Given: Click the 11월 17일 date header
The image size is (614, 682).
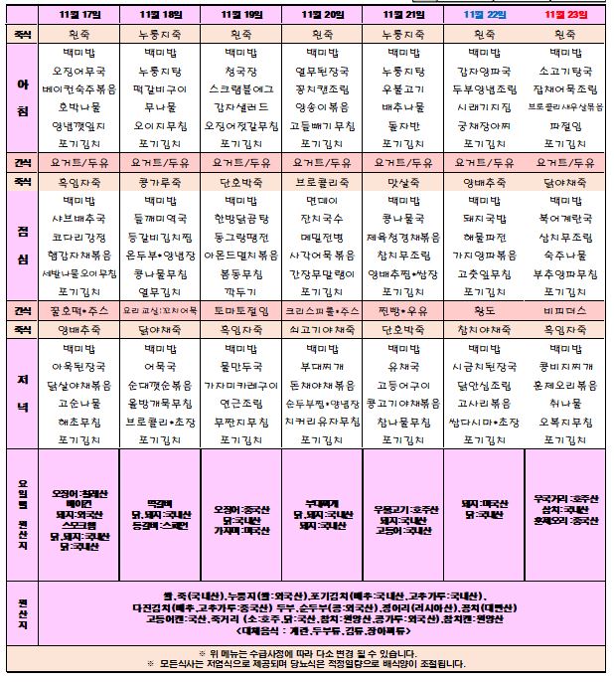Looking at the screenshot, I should pyautogui.click(x=78, y=16).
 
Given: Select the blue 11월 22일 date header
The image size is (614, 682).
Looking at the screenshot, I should pyautogui.click(x=483, y=16).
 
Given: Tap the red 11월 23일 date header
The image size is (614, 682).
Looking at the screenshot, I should pyautogui.click(x=564, y=16).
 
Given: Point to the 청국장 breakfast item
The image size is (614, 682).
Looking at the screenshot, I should pyautogui.click(x=241, y=72).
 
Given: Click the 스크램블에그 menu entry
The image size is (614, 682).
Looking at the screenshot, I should pyautogui.click(x=241, y=88).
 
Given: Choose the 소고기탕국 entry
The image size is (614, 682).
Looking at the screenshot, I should pyautogui.click(x=564, y=72).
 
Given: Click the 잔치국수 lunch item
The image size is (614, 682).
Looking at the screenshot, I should pyautogui.click(x=322, y=219).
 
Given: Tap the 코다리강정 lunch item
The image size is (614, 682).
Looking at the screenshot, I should pyautogui.click(x=78, y=237).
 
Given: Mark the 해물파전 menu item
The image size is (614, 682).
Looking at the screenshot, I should pyautogui.click(x=483, y=237).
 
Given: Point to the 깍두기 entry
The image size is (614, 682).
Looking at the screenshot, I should pyautogui.click(x=241, y=292).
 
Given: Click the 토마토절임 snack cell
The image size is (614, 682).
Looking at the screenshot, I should pyautogui.click(x=241, y=310).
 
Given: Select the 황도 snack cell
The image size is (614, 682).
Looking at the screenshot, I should pyautogui.click(x=483, y=310).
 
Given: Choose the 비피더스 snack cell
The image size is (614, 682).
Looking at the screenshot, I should pyautogui.click(x=564, y=310).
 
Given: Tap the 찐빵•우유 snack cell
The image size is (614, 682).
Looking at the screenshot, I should pyautogui.click(x=402, y=310).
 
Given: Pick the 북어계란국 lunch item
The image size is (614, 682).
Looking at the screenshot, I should pyautogui.click(x=564, y=219).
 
